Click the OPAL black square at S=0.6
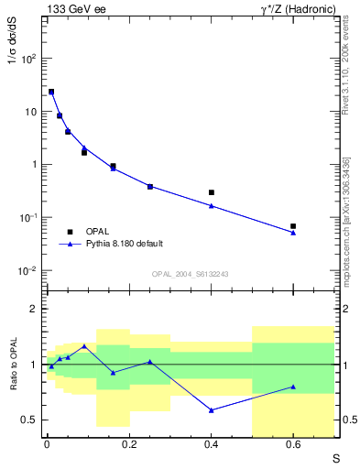(293, 226)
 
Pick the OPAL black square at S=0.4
(211, 192)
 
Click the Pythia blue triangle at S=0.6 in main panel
(293, 233)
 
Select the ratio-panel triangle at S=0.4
(211, 410)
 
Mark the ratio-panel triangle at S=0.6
(293, 387)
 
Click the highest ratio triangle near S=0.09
(84, 346)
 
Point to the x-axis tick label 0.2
(129, 445)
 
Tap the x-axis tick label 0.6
(293, 445)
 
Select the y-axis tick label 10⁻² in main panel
(28, 271)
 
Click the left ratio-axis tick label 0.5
(30, 420)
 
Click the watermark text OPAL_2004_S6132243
(190, 274)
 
